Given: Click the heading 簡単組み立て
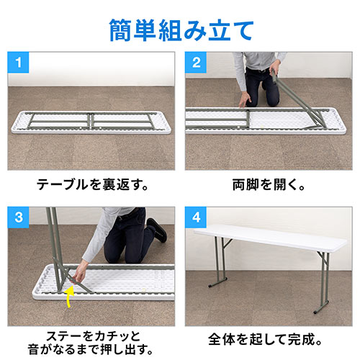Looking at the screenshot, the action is coord(181,30).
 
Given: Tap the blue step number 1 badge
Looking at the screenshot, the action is coord(18,63).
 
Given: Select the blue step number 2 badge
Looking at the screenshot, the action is coord(196,63).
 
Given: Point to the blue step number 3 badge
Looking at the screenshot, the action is coord(18,217).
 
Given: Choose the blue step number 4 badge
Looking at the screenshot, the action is coord(196,217).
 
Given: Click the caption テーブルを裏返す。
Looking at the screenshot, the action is coord(93,184).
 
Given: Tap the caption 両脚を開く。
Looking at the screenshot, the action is coord(269,184).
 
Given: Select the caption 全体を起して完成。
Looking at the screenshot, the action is coord(265,339).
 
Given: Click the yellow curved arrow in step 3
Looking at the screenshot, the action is coord(70,297).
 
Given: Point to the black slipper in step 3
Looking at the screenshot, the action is coord(157,230).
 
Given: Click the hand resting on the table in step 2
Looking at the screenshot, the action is coord(244,100).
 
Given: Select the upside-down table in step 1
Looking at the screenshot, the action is coord(91,122).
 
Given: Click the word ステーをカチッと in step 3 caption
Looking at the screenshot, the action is coord(93,336).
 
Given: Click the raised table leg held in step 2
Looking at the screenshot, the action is coord(298,102).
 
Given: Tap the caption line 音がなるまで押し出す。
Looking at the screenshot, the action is coord(91,349).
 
